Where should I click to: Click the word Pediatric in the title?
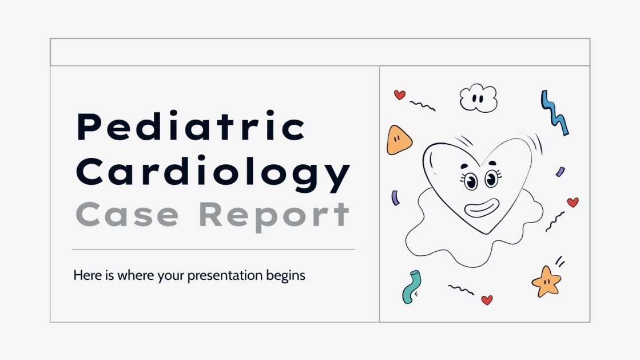click(x=191, y=128)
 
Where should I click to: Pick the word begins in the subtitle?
click(x=286, y=276)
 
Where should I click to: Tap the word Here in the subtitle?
click(x=85, y=275)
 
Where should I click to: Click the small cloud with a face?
click(x=478, y=98)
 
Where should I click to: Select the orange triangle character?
click(x=399, y=140)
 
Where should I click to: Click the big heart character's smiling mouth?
click(x=482, y=207)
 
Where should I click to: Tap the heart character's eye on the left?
click(x=471, y=181)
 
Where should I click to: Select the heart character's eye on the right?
click(x=491, y=179)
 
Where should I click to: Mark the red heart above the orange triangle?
click(x=400, y=95)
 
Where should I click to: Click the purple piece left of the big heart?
click(x=395, y=198)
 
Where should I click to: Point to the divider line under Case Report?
click(x=214, y=250)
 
